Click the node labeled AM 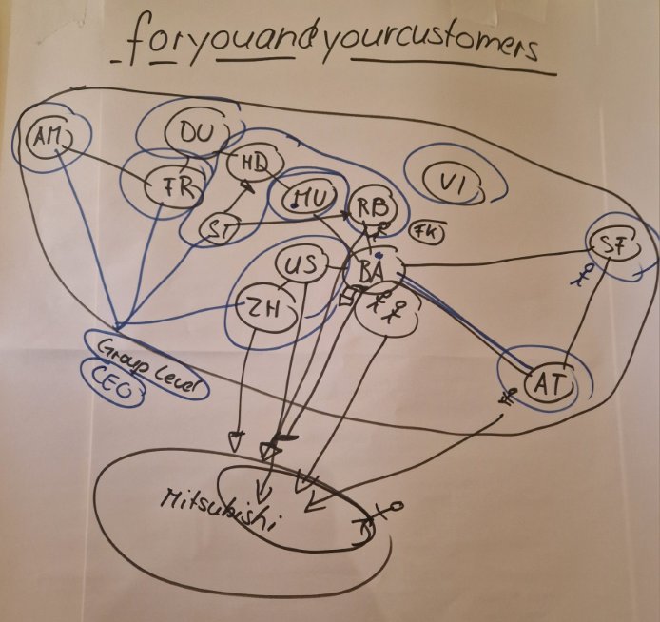pyautogui.click(x=45, y=138)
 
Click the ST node pyautogui.click(x=221, y=228)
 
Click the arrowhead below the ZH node pyautogui.click(x=235, y=439)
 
